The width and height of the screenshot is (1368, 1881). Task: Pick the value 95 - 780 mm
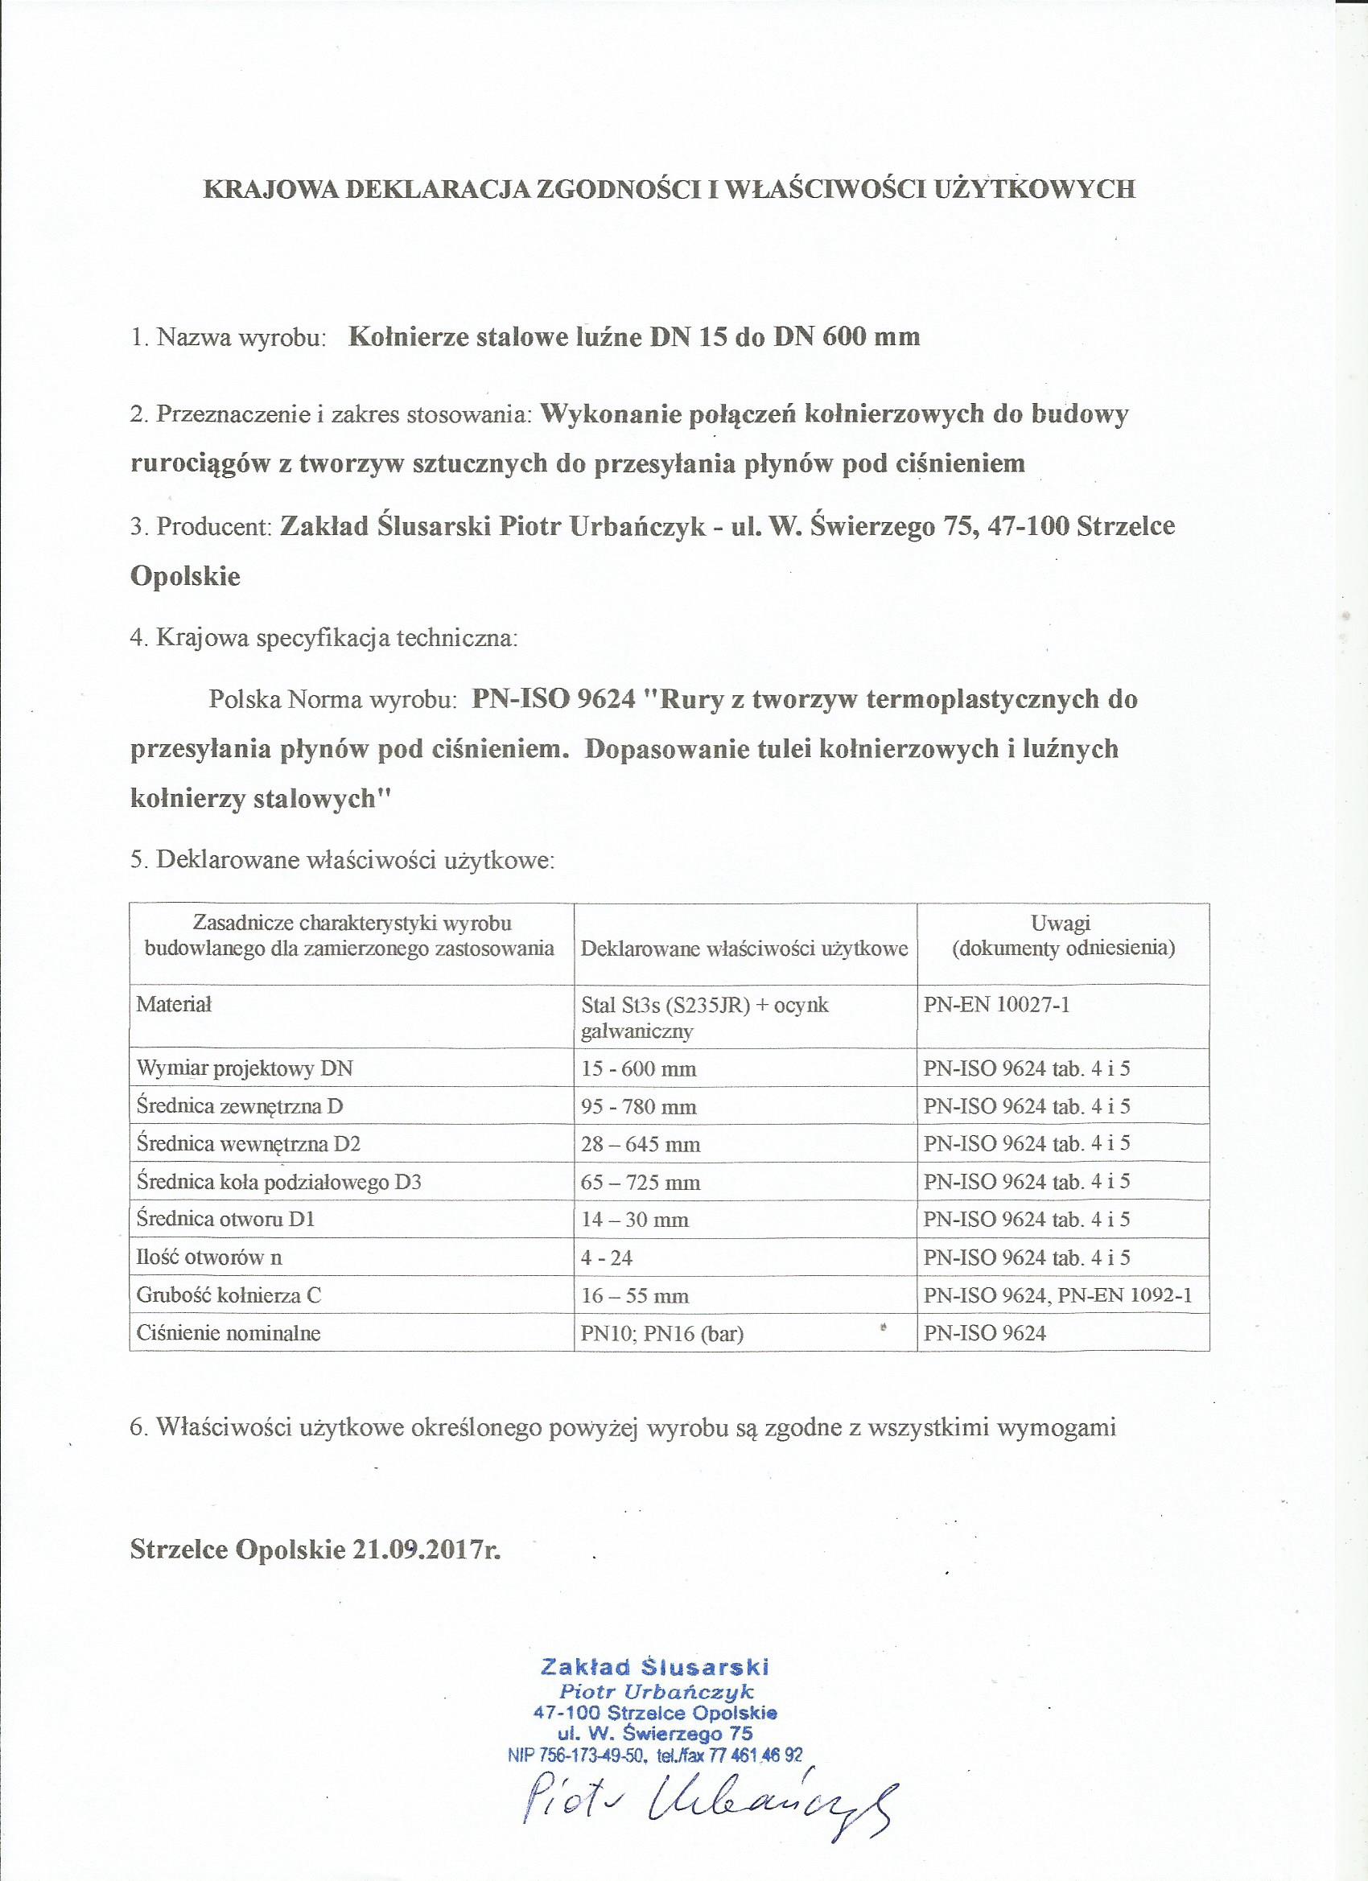pos(639,1106)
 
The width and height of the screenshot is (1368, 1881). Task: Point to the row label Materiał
pos(174,1004)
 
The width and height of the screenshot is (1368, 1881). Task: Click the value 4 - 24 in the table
pos(608,1257)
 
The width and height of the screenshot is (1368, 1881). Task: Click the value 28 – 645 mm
pos(641,1145)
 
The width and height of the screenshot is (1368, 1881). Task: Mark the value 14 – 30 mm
pos(636,1220)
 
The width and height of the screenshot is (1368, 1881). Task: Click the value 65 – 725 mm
pos(641,1182)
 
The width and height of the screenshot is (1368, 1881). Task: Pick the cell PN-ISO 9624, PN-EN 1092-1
pos(1057,1295)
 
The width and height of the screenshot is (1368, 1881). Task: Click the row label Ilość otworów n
pos(210,1257)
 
